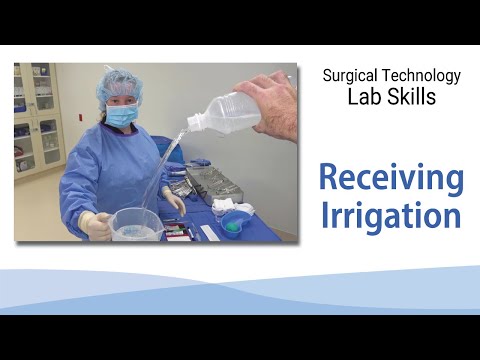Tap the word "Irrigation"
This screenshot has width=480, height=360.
[391, 216]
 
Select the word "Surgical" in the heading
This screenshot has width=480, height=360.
[350, 76]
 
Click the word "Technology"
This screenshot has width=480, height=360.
[421, 76]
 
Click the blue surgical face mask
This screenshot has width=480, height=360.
[122, 113]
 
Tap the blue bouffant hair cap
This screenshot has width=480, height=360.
[119, 87]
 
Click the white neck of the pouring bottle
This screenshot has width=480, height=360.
[194, 122]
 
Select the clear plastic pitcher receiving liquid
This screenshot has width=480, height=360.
[135, 224]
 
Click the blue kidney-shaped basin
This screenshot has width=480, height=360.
[236, 221]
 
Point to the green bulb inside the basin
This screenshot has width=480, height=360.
[230, 227]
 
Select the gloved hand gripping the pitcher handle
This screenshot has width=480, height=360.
[95, 225]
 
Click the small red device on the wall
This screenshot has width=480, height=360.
[80, 117]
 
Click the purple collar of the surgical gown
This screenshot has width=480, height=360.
[120, 128]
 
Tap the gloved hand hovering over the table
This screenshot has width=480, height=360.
[174, 200]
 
